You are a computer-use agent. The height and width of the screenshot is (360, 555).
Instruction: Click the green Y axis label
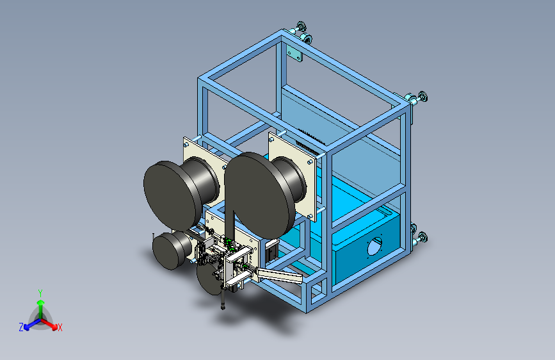pos(40,293)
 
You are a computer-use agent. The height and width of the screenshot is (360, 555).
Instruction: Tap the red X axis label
pos(60,327)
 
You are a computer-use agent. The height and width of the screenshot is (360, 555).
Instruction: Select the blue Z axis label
pos(21,327)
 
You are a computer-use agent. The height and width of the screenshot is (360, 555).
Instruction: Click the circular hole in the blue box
pos(374,247)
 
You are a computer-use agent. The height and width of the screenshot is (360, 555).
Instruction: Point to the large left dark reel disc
pos(170,195)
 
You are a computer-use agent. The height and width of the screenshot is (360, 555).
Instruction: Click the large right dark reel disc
pos(260,195)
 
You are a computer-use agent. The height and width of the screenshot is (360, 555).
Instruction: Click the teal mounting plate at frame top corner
pos(294,53)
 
